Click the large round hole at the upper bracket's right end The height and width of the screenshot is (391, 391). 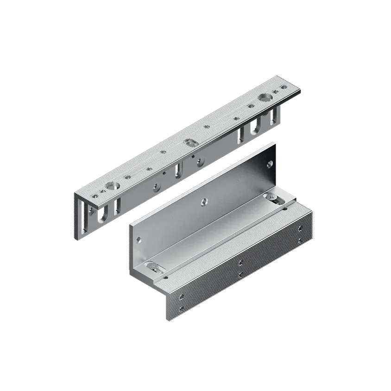(x=265, y=98)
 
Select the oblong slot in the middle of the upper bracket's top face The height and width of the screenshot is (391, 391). (x=189, y=142)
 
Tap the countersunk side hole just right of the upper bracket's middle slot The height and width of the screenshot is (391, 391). (x=200, y=162)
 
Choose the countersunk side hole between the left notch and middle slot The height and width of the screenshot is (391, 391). (x=156, y=187)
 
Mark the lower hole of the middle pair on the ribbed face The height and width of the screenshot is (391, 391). (x=240, y=275)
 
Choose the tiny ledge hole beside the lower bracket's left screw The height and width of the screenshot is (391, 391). (x=166, y=277)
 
